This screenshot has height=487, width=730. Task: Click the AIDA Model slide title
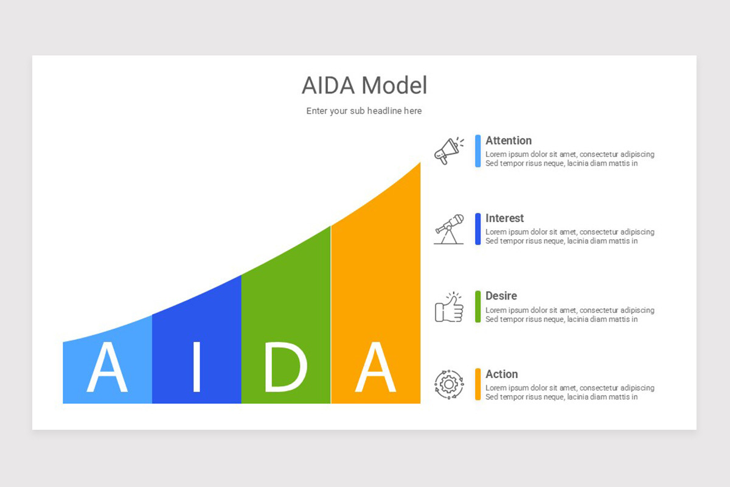[364, 86]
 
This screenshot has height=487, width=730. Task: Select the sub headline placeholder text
[364, 111]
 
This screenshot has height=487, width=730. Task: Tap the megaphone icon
[448, 150]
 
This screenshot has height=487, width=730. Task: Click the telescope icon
[449, 229]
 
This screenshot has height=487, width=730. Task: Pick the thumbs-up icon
[449, 307]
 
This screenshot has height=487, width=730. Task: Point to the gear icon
[449, 384]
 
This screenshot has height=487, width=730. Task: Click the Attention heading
[509, 141]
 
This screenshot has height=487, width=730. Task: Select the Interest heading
[504, 218]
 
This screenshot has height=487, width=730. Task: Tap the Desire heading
[501, 296]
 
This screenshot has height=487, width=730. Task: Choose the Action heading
[502, 374]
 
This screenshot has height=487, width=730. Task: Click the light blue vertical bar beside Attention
[478, 151]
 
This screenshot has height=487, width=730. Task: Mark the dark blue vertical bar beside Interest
[478, 229]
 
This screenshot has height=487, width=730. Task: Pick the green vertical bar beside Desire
[478, 307]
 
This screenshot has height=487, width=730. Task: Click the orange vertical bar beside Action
[478, 384]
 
